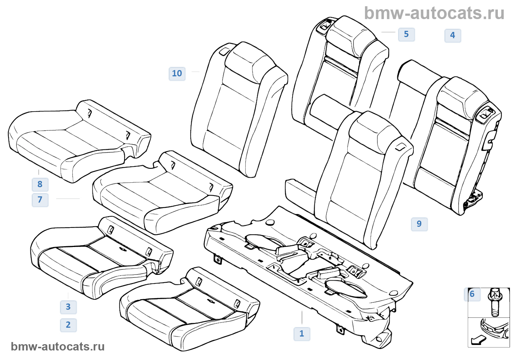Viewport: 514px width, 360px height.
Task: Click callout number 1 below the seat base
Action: pyautogui.click(x=302, y=334)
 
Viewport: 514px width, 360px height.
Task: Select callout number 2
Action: pyautogui.click(x=68, y=325)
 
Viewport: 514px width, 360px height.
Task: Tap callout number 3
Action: pyautogui.click(x=68, y=307)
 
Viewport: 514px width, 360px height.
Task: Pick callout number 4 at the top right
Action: pyautogui.click(x=452, y=35)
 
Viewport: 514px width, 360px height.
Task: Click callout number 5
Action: pyautogui.click(x=406, y=34)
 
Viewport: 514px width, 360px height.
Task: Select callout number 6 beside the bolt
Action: pyautogui.click(x=472, y=294)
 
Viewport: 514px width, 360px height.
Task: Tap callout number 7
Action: pyautogui.click(x=40, y=200)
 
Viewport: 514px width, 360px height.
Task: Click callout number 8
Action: pyautogui.click(x=40, y=184)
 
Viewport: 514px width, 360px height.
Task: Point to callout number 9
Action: pyautogui.click(x=419, y=224)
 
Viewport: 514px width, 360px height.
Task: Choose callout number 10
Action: pyautogui.click(x=177, y=73)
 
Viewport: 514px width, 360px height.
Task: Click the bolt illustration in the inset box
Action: pyautogui.click(x=495, y=302)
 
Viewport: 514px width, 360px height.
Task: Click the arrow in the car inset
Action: pyautogui.click(x=478, y=340)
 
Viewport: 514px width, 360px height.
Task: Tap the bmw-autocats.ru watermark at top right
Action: pyautogui.click(x=434, y=13)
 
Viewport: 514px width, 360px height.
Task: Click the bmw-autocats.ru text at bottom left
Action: pyautogui.click(x=58, y=346)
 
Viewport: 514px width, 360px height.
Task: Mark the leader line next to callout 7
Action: pyautogui.click(x=68, y=199)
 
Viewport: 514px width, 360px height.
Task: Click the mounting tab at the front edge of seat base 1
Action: pyautogui.click(x=217, y=259)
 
